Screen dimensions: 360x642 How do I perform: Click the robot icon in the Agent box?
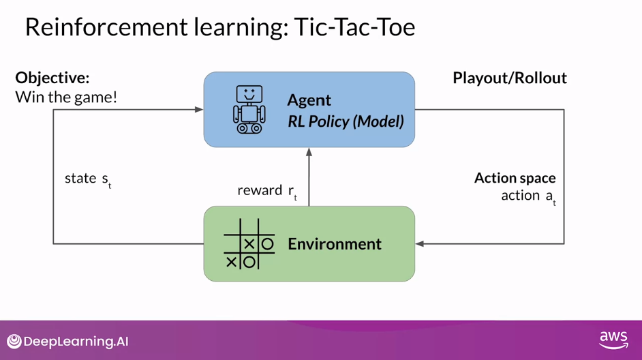[249, 109]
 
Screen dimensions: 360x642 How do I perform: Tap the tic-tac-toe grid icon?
[249, 244]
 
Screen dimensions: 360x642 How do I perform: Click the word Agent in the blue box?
[309, 100]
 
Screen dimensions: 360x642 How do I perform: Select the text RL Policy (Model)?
[346, 122]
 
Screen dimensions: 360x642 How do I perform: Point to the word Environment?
[334, 244]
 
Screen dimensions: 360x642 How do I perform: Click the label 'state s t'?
[87, 179]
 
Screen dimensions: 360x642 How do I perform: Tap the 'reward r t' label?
[266, 191]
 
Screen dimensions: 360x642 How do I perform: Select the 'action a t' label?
[528, 196]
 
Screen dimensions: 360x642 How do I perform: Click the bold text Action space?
[515, 178]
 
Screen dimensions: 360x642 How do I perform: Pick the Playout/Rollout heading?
[509, 78]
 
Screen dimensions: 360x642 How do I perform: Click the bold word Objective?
[52, 78]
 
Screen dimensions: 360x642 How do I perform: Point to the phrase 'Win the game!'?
[66, 97]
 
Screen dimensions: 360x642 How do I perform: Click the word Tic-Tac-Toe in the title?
[354, 27]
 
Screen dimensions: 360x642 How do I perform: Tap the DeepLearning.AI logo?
[67, 342]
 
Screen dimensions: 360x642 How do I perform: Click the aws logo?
[613, 340]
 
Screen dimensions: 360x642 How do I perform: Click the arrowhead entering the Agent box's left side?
[199, 109]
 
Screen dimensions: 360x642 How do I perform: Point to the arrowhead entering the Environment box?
[420, 243]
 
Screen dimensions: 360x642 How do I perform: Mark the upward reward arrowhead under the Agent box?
[309, 152]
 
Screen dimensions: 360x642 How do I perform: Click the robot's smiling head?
[249, 93]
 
